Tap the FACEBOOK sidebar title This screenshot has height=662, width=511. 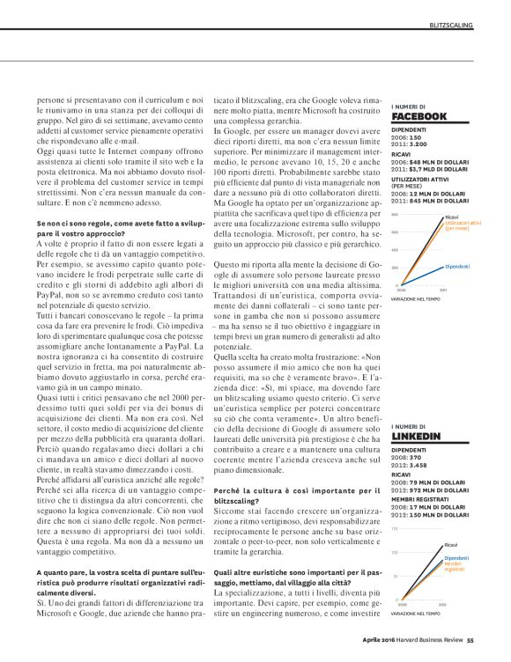tap(418, 116)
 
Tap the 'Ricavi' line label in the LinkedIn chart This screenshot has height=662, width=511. tap(451, 546)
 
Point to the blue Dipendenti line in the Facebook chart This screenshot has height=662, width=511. tap(423, 275)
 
